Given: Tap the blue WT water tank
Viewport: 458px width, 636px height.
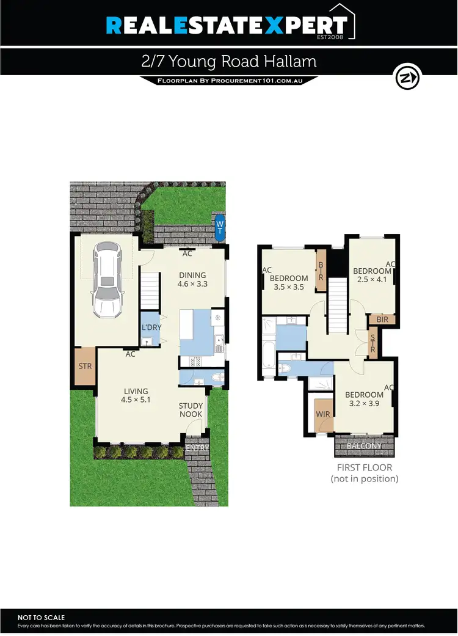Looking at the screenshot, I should (x=219, y=226).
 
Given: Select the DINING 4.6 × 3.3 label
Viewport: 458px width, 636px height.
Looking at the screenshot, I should (x=192, y=279).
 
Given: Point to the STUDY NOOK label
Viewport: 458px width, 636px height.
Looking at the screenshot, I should (x=191, y=411).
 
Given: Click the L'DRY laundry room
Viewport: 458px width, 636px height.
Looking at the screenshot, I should (x=151, y=328).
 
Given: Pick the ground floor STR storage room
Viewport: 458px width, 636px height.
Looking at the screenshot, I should (x=84, y=367).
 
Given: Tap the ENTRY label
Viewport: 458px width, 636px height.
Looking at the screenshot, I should (x=197, y=448).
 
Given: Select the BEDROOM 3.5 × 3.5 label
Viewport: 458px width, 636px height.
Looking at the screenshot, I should (x=289, y=282).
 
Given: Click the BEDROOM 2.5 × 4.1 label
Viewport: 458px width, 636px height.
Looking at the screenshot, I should (x=371, y=276).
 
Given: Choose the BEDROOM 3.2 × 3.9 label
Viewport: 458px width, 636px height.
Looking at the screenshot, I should (x=364, y=399).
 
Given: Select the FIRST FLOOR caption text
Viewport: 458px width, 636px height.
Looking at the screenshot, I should (x=364, y=467).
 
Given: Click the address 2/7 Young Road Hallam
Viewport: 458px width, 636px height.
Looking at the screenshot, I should (x=228, y=62).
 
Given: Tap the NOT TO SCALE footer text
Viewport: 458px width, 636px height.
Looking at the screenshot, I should (x=41, y=618).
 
